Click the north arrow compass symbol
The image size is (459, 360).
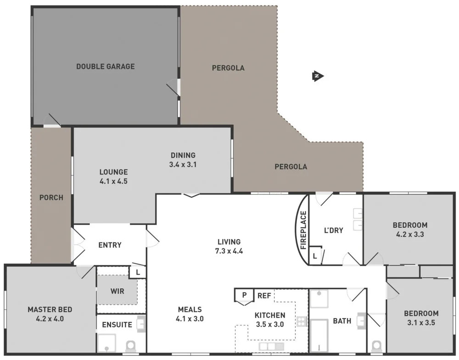pyautogui.click(x=317, y=76)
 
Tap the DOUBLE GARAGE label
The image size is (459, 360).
pyautogui.click(x=106, y=67)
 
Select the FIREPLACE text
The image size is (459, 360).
pyautogui.click(x=303, y=230)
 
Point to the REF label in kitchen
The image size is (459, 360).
pyautogui.click(x=264, y=296)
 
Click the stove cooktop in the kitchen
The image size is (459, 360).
pyautogui.click(x=302, y=321)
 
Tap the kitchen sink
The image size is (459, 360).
pyautogui.click(x=271, y=346)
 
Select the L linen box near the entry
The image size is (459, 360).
pyautogui.click(x=138, y=272)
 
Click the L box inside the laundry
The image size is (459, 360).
pyautogui.click(x=315, y=256)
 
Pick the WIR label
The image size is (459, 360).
pyautogui.click(x=117, y=291)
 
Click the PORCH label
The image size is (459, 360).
pyautogui.click(x=51, y=198)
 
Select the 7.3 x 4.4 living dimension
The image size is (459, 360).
pyautogui.click(x=229, y=251)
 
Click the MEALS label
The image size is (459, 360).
pyautogui.click(x=190, y=309)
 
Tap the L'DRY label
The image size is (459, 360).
pyautogui.click(x=334, y=230)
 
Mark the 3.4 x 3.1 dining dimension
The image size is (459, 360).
pyautogui.click(x=183, y=164)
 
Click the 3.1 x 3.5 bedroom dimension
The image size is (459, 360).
pyautogui.click(x=421, y=322)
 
